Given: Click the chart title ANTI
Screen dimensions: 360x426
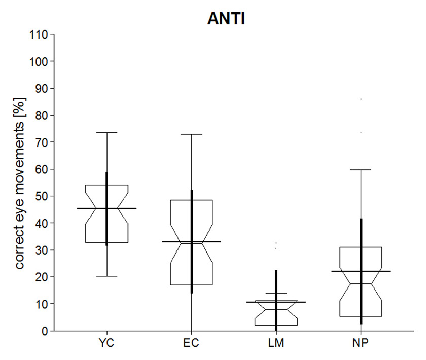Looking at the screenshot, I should tap(226, 19).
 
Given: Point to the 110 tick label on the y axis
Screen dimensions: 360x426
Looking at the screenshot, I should tap(39, 34).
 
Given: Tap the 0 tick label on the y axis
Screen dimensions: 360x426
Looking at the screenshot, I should tap(45, 331).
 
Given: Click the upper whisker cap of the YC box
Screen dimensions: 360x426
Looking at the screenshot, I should tap(107, 132).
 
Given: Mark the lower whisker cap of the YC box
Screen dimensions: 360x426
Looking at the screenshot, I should tap(107, 276).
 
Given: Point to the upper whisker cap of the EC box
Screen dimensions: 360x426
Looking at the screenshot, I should tap(192, 134).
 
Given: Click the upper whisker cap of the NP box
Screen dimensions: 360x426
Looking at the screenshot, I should tap(361, 170).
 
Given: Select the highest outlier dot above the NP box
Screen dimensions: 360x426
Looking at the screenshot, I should tap(361, 99).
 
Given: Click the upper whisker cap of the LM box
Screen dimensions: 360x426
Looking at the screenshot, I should tap(276, 293).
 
